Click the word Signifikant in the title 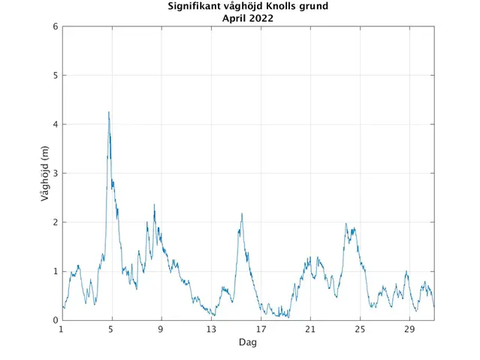197,8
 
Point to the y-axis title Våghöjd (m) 46,174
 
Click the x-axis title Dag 248,342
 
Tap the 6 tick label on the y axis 55,27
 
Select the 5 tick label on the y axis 55,76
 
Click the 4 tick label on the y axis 55,125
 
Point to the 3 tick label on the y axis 55,174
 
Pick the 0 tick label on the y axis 55,320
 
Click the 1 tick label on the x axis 62,329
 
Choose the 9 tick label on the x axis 161,329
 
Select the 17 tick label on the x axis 261,329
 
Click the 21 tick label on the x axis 310,329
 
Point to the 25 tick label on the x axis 360,329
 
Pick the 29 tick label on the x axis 409,329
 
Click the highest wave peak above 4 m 109,113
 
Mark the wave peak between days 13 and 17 242,214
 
